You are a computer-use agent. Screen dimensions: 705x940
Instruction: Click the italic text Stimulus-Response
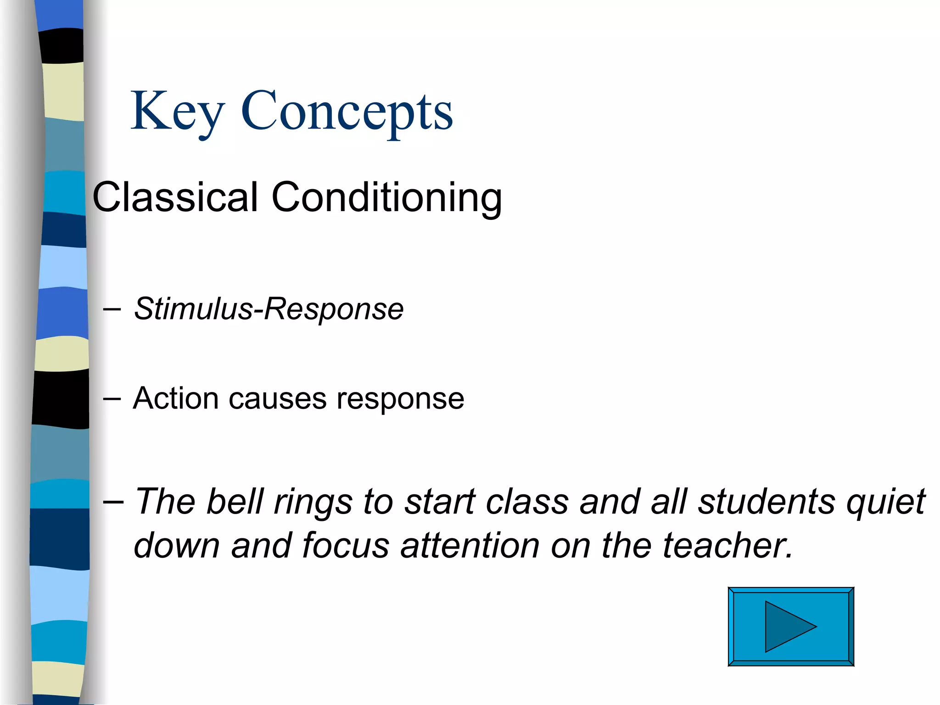coord(269,309)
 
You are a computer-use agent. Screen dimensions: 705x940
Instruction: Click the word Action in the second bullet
coord(175,398)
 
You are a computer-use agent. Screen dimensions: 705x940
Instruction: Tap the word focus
coord(346,546)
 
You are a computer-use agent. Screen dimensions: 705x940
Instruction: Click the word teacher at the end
coord(727,546)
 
